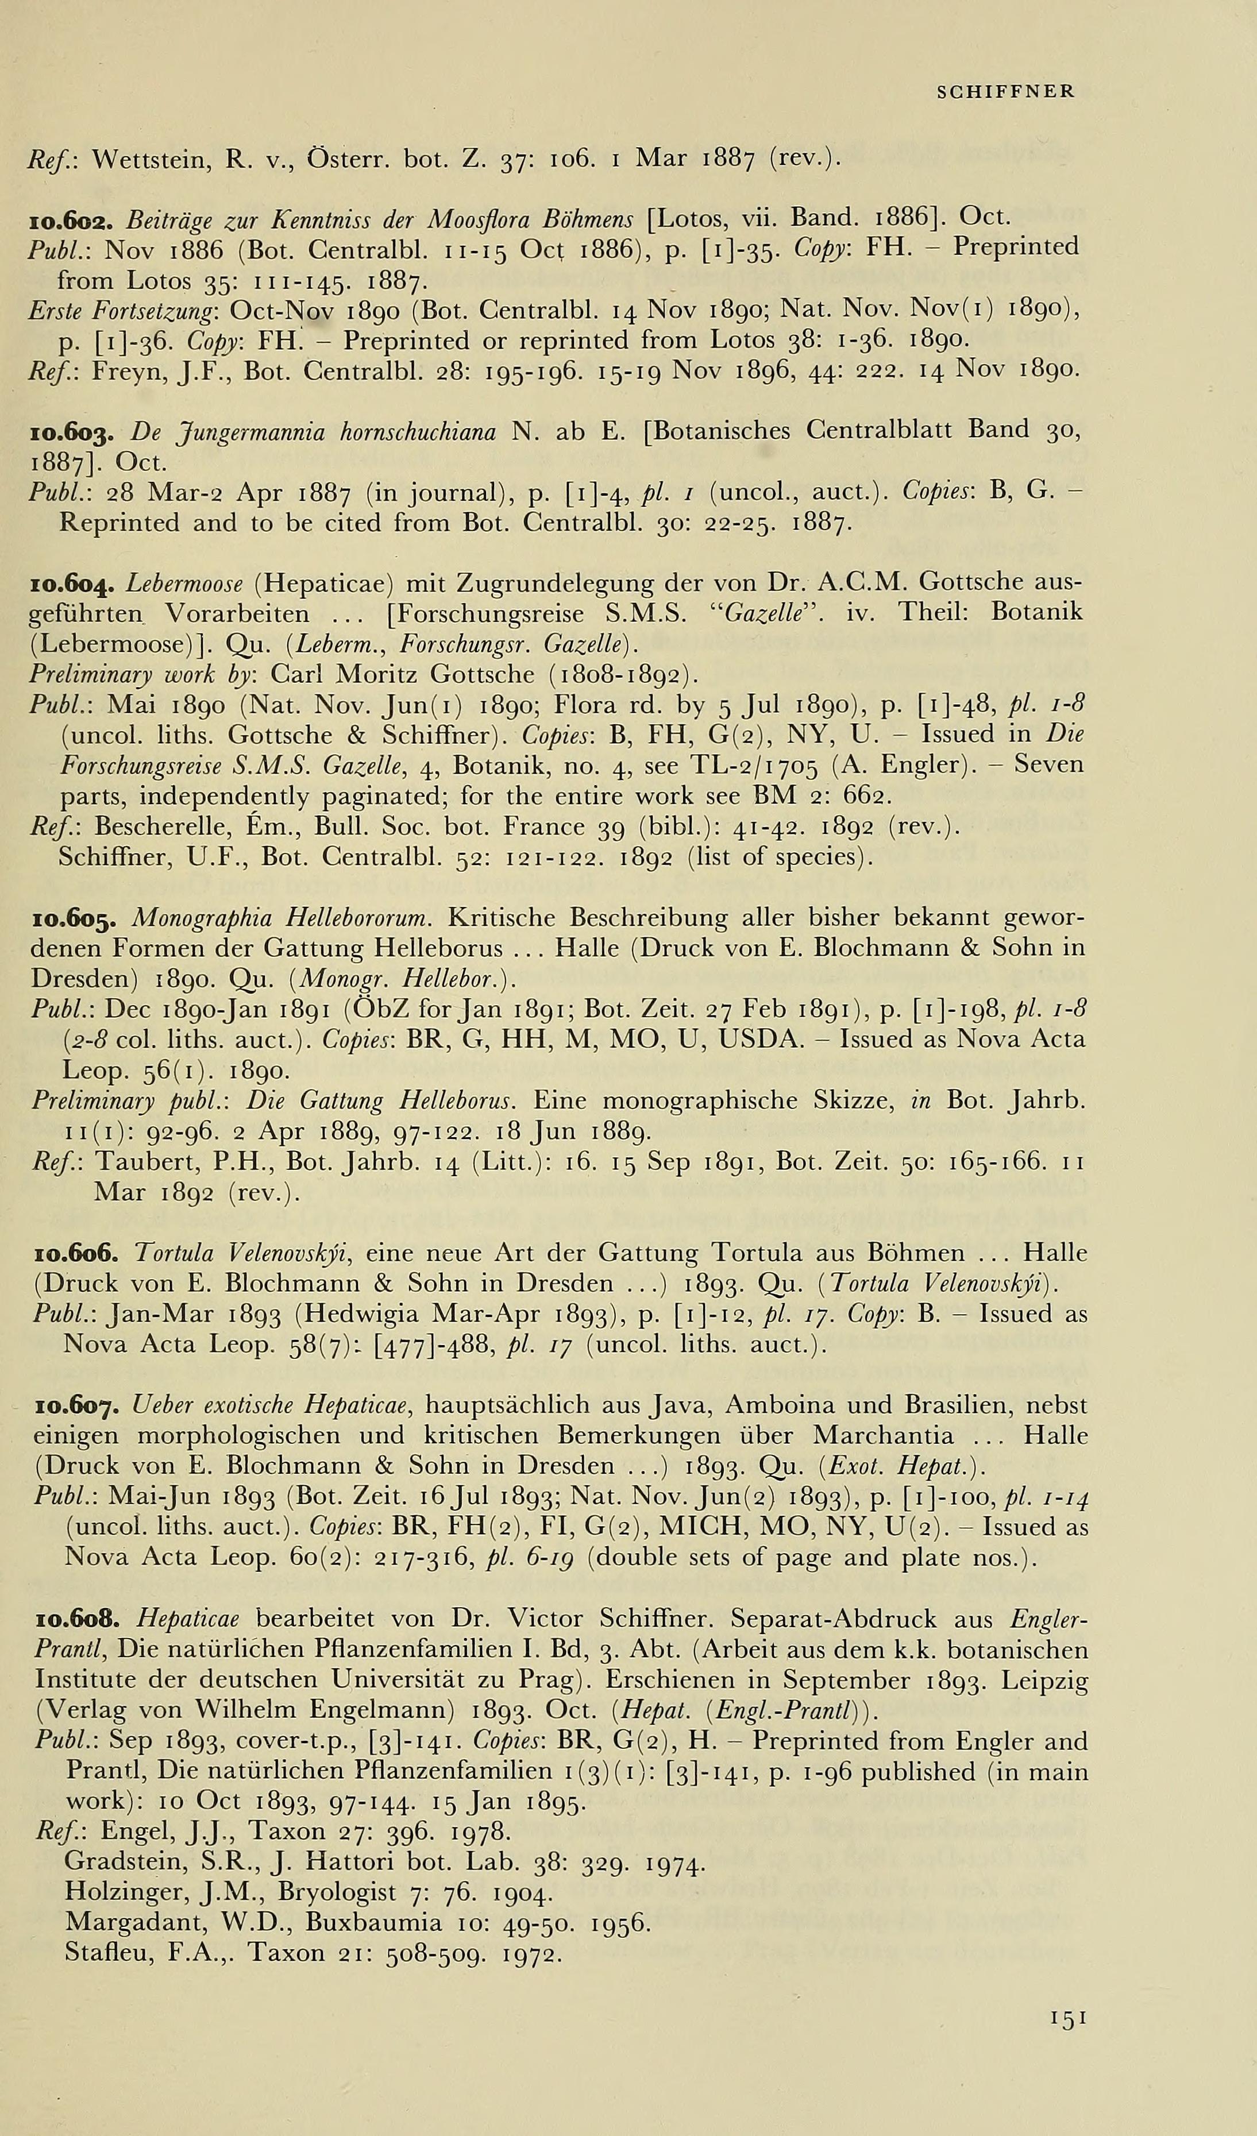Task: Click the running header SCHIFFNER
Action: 1006,91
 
